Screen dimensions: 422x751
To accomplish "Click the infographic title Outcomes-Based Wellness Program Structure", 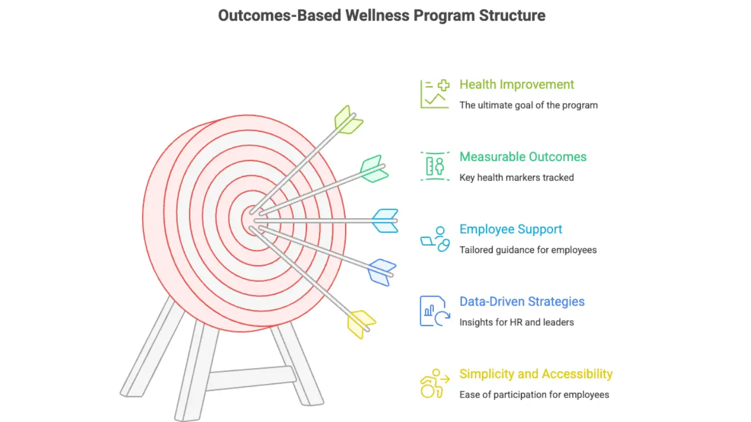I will [x=382, y=15].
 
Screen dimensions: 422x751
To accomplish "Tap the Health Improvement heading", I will [x=517, y=85].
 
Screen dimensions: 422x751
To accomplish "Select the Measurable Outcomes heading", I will [x=523, y=157].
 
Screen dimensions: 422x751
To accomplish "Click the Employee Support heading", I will [x=511, y=229].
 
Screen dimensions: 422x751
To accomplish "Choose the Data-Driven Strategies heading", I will [x=522, y=302].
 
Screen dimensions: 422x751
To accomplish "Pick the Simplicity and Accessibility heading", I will [x=536, y=374].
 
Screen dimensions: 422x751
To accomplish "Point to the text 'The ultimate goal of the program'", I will [x=528, y=105].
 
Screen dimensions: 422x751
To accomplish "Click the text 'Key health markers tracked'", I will [x=517, y=178].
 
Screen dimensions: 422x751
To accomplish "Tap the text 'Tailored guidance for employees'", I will [x=528, y=250].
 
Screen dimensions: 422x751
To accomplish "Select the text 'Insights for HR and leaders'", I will [x=517, y=322].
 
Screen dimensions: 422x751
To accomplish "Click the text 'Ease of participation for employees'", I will [x=534, y=395].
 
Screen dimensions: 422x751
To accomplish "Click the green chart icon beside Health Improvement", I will [x=435, y=94].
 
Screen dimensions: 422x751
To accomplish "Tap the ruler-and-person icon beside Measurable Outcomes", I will [x=435, y=166].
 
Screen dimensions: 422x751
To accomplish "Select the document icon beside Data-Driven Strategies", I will [x=435, y=311].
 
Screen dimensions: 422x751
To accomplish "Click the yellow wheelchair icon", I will [x=434, y=384].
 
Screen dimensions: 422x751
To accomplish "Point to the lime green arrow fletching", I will [x=348, y=120].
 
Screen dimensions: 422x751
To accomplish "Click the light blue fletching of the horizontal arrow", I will [x=385, y=221].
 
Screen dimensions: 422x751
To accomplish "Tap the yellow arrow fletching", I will [x=360, y=324].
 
